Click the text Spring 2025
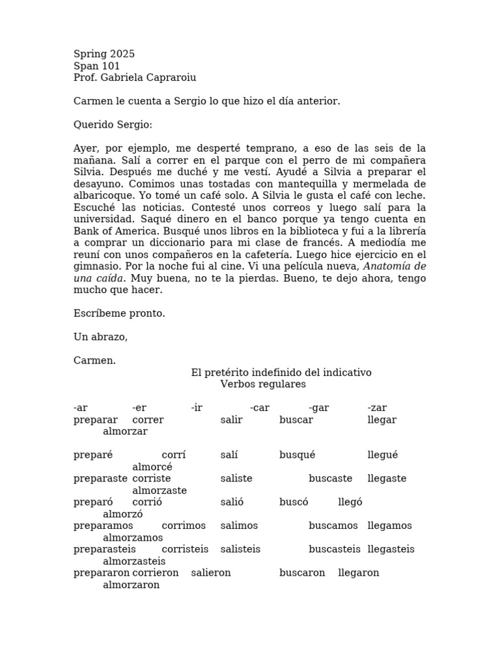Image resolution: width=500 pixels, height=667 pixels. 104,54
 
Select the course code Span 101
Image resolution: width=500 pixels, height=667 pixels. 96,66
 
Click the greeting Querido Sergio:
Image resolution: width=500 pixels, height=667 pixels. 113,124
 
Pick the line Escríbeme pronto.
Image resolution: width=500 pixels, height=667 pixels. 119,313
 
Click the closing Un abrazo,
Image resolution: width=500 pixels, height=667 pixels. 100,337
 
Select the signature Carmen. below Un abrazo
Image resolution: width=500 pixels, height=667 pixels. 94,360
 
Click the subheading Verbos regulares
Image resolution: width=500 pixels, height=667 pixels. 262,384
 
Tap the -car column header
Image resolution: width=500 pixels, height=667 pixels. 259,408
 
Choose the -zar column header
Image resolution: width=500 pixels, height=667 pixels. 377,408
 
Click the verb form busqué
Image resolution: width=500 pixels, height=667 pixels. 297,455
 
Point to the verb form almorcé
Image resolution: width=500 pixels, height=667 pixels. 152,466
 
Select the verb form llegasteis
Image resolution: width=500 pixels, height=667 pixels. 391,549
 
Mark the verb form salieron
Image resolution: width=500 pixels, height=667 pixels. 211,573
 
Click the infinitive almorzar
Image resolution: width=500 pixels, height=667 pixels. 125,431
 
